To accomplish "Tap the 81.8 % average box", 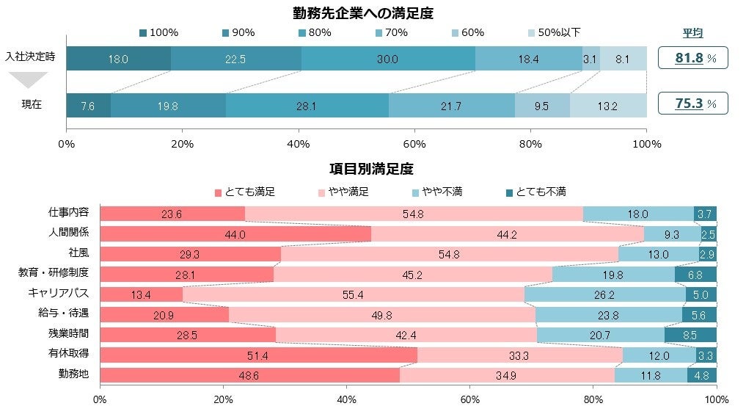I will coord(692,57).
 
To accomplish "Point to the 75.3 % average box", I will coord(692,104).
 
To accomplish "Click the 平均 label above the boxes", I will coord(693,33).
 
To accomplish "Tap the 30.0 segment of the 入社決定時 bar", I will coord(388,59).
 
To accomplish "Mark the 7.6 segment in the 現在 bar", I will coord(88,106).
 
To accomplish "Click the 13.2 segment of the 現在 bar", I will coord(608,106).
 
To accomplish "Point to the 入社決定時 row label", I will coord(32,57).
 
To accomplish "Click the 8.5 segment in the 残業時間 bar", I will coord(690,336).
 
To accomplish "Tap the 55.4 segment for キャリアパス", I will coord(354,295).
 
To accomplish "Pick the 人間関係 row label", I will coord(69,233).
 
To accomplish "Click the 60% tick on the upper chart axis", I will coord(414,143).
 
